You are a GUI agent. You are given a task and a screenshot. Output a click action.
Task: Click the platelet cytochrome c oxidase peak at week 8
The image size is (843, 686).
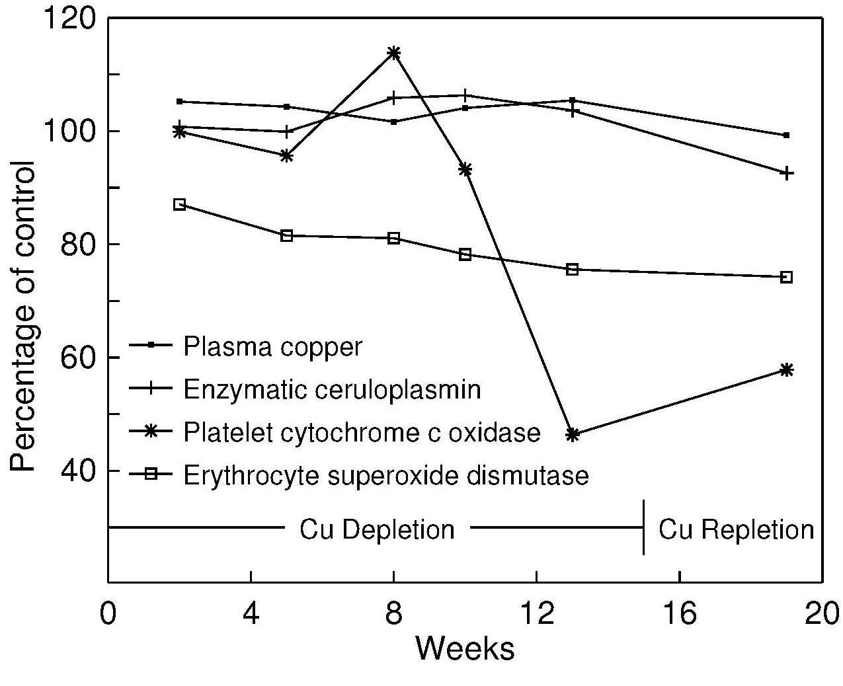coord(393,53)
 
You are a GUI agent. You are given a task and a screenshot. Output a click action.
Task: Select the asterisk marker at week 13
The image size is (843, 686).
coord(573,434)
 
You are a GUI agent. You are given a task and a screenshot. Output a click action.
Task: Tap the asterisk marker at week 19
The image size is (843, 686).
coord(786,370)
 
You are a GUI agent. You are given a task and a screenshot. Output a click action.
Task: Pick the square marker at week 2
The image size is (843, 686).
coord(179,204)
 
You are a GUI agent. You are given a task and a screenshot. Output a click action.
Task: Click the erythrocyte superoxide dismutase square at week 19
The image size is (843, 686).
coord(786,277)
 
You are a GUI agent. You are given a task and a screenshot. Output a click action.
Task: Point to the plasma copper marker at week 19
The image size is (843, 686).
coord(786,135)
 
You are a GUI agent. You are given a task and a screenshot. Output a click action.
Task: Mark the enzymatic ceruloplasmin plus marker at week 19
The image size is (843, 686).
coord(786,173)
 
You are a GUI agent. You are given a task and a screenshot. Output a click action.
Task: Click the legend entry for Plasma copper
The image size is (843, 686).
coord(272,346)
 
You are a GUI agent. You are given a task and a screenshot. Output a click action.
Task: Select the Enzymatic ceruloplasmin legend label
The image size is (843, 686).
coord(331,389)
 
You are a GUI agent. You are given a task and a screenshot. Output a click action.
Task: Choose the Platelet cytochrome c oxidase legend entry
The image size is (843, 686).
coord(362,432)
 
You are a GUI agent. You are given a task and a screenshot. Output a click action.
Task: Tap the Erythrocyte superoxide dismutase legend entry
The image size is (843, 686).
coord(385,475)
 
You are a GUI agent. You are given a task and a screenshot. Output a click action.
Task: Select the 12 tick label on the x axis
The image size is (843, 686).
coord(536,613)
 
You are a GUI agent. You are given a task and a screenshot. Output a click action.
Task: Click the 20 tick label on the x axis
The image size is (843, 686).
coord(821,613)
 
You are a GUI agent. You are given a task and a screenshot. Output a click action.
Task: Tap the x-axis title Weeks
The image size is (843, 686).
coord(464,648)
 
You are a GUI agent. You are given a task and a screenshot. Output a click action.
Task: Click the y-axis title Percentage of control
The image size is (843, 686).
coord(23,316)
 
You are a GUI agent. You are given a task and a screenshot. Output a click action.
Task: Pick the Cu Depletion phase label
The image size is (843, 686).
coord(377,529)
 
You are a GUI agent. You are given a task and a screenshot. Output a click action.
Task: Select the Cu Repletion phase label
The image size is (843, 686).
coord(736,529)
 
